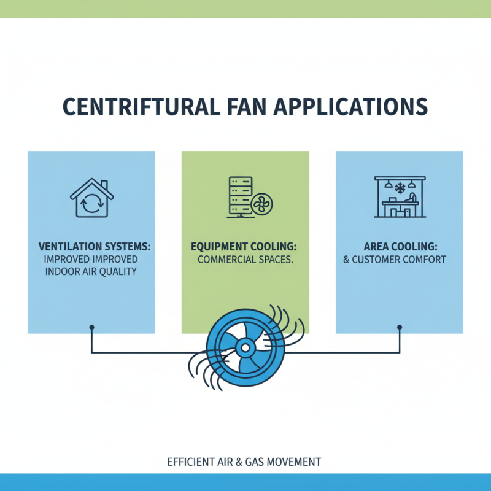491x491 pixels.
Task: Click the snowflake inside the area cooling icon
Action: [399, 186]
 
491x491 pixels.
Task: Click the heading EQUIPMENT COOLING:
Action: [245, 246]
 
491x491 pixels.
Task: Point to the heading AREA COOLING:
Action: [399, 246]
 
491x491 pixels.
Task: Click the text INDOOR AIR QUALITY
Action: [91, 271]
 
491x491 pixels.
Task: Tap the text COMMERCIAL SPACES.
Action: [245, 260]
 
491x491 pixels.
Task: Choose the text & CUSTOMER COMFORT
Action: [394, 260]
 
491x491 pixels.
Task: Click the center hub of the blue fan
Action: [245, 349]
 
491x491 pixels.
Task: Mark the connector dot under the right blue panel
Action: [400, 327]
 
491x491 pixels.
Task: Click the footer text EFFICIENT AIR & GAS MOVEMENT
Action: [244, 462]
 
